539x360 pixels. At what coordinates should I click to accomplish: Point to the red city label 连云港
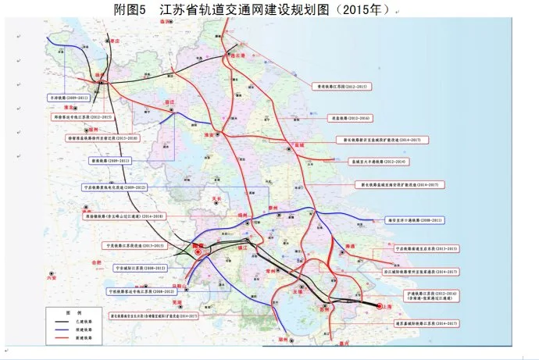pos(233,56)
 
